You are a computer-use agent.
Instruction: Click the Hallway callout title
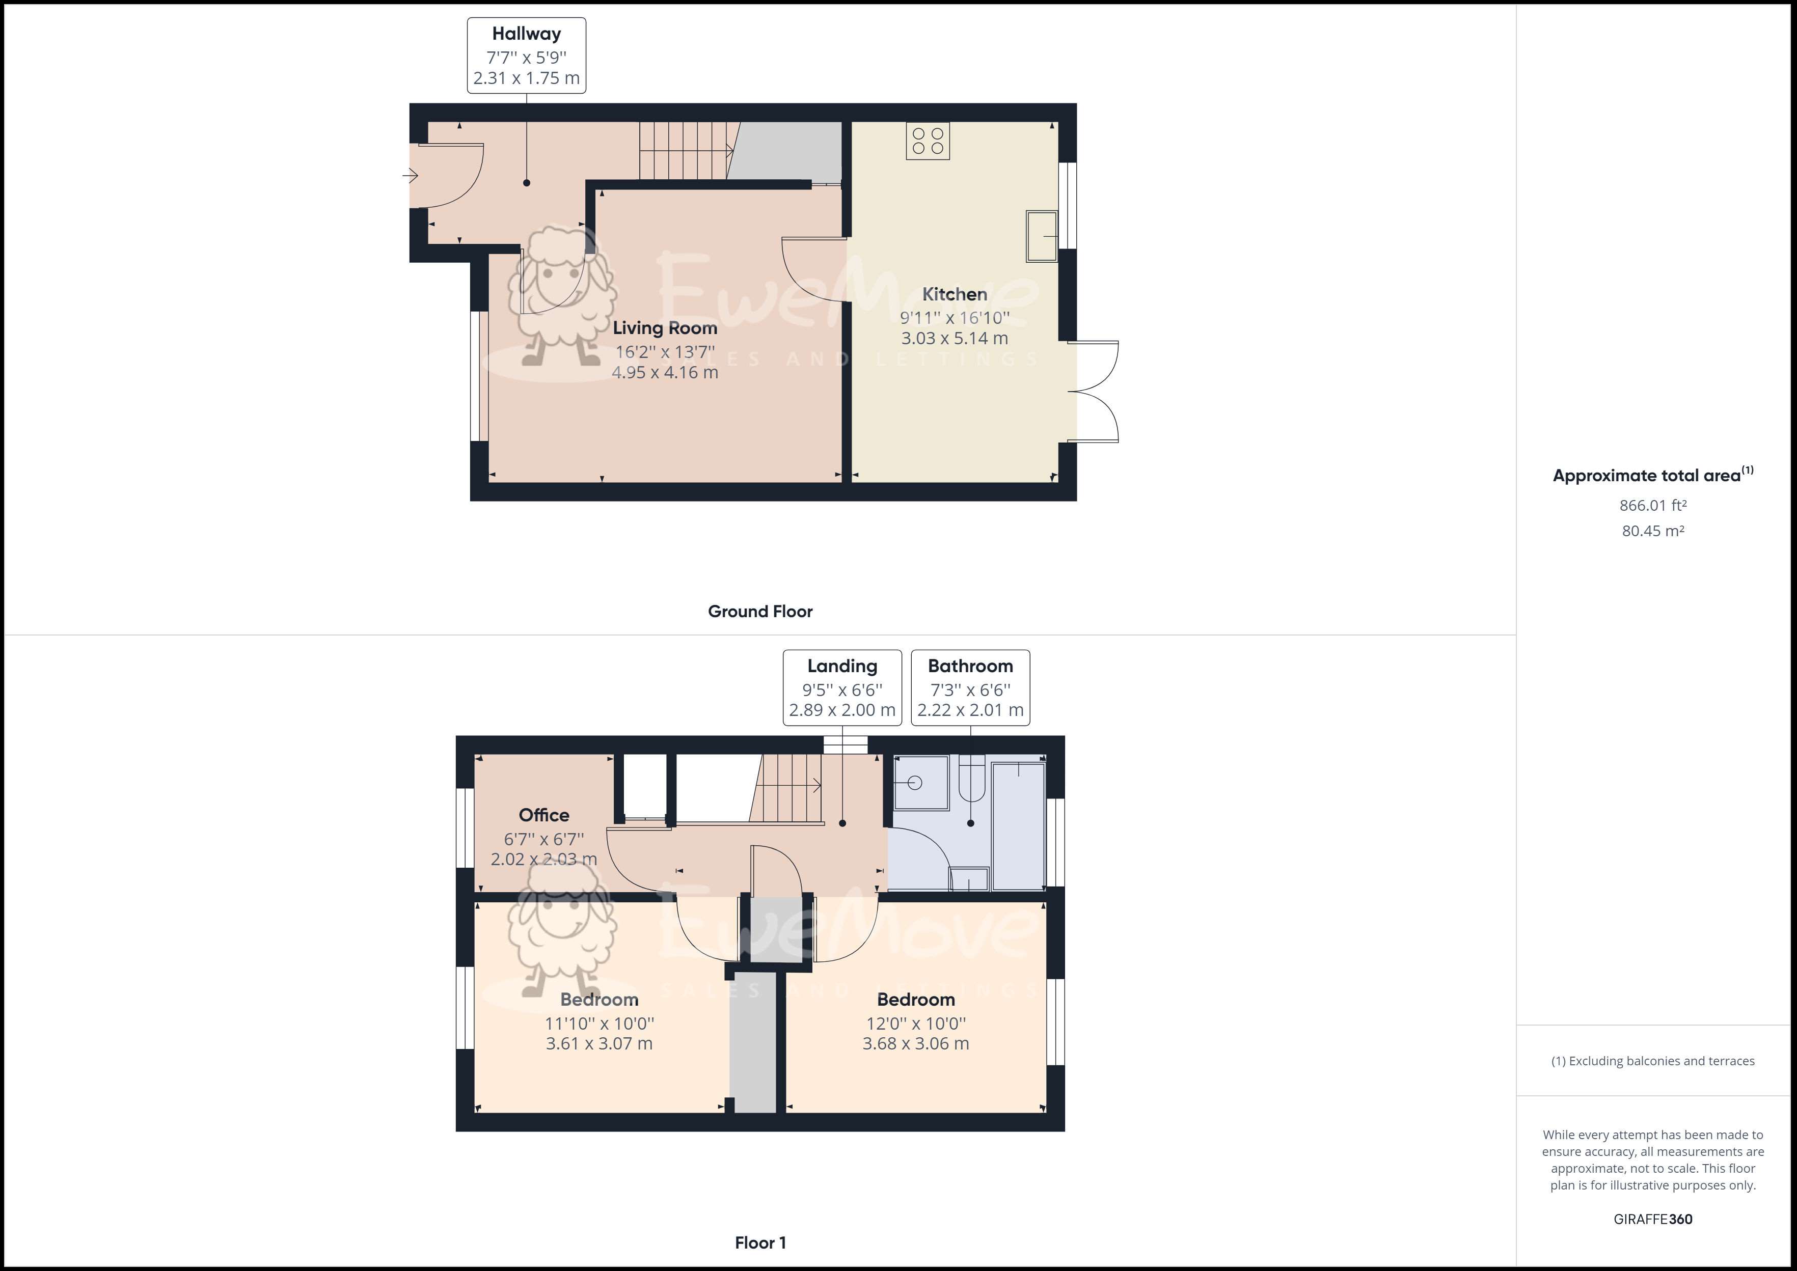pyautogui.click(x=526, y=34)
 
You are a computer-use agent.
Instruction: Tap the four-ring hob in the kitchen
pyautogui.click(x=928, y=141)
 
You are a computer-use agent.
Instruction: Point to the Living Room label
pyautogui.click(x=665, y=328)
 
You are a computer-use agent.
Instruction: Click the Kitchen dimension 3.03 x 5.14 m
pyautogui.click(x=954, y=338)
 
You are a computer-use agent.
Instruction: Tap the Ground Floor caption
pyautogui.click(x=760, y=611)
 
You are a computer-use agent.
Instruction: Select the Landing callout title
pyautogui.click(x=842, y=666)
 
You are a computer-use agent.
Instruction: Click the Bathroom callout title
pyautogui.click(x=970, y=666)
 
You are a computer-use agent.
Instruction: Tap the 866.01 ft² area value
pyautogui.click(x=1652, y=506)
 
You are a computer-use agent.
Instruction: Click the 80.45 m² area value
pyautogui.click(x=1652, y=531)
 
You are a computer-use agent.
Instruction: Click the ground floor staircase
pyautogui.click(x=685, y=150)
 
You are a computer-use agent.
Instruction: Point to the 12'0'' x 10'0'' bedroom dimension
pyautogui.click(x=916, y=1023)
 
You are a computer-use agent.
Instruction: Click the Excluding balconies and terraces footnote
pyautogui.click(x=1652, y=1061)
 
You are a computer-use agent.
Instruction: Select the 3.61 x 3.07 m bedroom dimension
pyautogui.click(x=598, y=1043)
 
